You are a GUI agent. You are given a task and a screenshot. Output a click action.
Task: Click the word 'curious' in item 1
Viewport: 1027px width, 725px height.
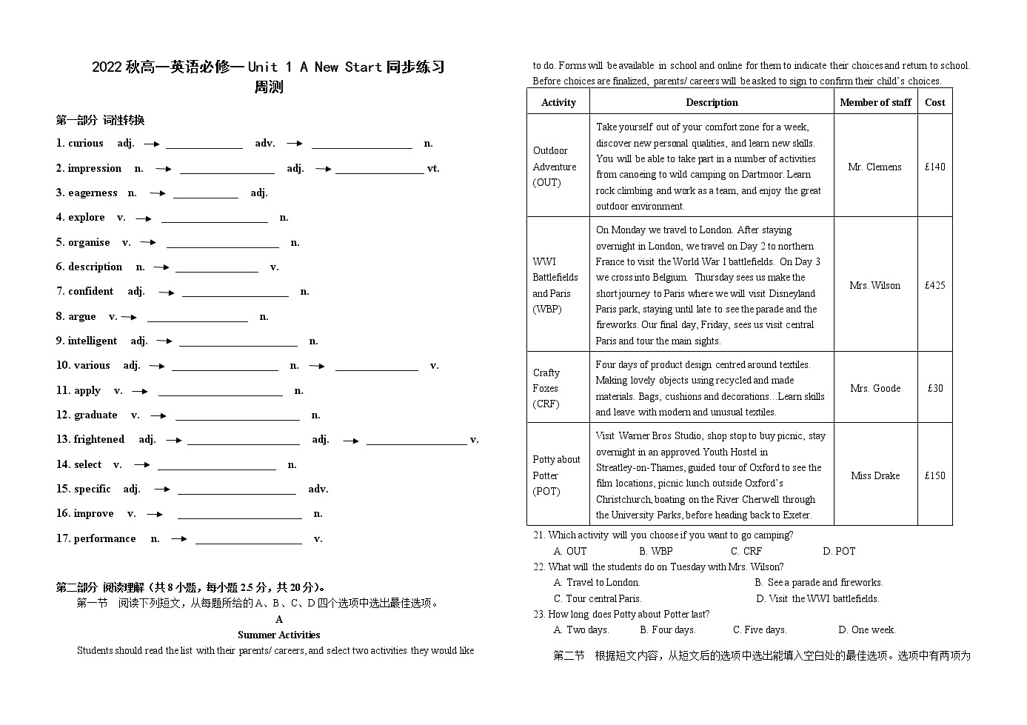point(85,144)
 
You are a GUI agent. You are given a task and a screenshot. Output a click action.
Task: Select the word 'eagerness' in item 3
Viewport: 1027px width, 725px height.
point(93,193)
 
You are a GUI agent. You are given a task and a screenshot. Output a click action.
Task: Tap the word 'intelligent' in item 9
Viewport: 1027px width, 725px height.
point(93,341)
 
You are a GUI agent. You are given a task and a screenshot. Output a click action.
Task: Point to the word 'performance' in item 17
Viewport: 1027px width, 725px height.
point(104,539)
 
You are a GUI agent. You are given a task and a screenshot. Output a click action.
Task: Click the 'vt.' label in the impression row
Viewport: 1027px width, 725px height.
point(433,169)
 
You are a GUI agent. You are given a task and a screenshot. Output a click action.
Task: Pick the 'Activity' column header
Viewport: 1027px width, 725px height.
point(558,103)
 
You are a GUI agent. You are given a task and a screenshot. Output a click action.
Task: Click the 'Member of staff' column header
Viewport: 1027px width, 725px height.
point(875,103)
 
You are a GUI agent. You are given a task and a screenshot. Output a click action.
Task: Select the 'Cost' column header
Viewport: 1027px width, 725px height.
point(934,103)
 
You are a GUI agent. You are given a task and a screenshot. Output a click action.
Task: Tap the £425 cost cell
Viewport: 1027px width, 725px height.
point(934,285)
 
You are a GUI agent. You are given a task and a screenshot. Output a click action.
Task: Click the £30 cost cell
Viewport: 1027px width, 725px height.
point(935,388)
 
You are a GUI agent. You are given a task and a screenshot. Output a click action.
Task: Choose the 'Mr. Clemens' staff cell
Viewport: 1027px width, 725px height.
point(874,167)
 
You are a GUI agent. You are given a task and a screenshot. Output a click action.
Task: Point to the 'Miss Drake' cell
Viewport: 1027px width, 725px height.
point(875,476)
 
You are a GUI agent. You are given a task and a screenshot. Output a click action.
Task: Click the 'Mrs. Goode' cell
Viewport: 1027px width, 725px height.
point(875,388)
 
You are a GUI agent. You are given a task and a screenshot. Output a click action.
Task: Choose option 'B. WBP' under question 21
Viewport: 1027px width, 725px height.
point(656,552)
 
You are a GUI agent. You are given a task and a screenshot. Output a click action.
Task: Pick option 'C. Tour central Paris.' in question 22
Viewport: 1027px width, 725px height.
point(598,599)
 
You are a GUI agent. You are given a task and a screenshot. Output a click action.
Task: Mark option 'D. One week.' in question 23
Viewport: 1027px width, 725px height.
point(866,630)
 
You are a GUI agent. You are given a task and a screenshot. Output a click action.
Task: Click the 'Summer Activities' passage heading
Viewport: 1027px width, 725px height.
point(278,635)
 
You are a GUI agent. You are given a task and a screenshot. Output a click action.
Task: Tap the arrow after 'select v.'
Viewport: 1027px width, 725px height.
point(141,465)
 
